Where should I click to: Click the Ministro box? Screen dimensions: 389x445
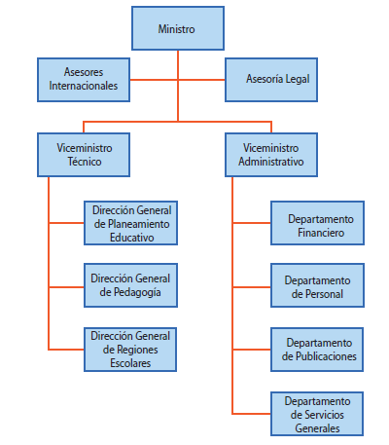(x=178, y=28)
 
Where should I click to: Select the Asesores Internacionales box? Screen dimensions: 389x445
(x=84, y=80)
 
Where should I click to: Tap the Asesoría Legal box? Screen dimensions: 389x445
(x=271, y=80)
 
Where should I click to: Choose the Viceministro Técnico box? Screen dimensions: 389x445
(x=84, y=155)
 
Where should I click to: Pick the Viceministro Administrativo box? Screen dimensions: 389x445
(x=271, y=155)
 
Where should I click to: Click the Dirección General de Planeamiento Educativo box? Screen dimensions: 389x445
(x=131, y=223)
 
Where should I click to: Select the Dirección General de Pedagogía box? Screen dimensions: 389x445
(x=131, y=285)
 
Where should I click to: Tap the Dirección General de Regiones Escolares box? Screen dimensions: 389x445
(x=130, y=350)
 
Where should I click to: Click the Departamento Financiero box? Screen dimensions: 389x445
(x=318, y=223)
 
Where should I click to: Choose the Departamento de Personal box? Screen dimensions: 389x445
(x=318, y=285)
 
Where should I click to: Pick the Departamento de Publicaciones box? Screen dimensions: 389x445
(x=317, y=350)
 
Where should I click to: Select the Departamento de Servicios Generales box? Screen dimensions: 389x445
(x=317, y=414)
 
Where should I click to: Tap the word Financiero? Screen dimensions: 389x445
(x=321, y=233)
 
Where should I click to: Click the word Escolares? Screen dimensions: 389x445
(x=130, y=363)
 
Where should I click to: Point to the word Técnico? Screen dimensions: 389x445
(x=85, y=162)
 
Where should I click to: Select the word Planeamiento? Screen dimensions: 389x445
(x=138, y=224)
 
